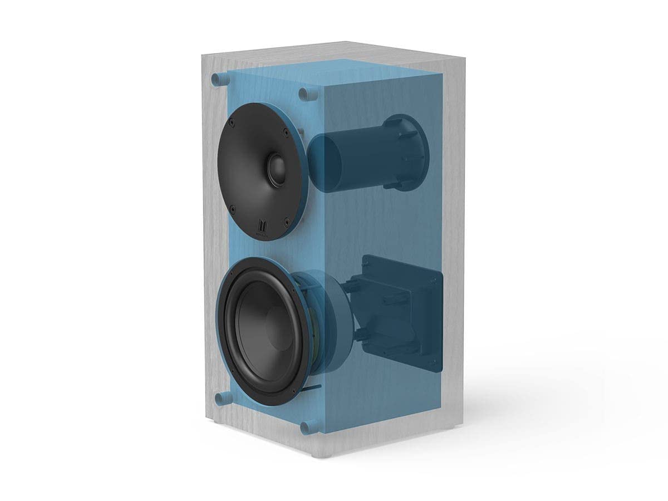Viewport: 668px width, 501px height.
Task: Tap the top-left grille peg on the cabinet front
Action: pos(217,80)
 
